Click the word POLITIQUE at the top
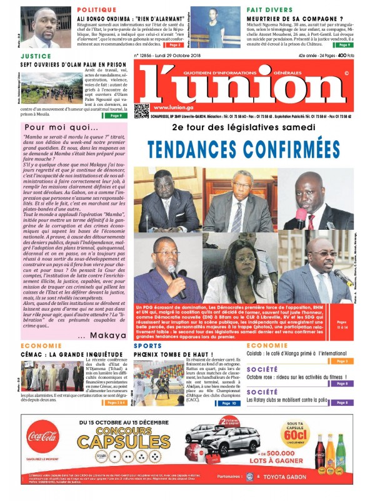[x=97, y=11]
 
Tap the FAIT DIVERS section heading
[x=269, y=11]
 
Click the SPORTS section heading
[x=147, y=345]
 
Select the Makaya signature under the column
[x=109, y=335]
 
